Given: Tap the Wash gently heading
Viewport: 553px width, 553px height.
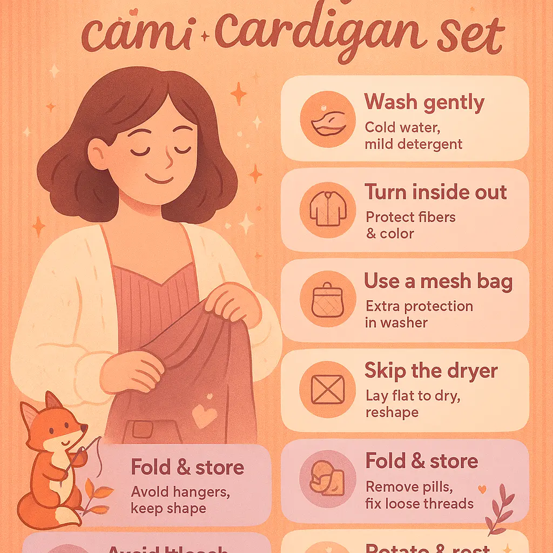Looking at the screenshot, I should click(424, 102).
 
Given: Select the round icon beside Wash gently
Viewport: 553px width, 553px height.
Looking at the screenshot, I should click(328, 119).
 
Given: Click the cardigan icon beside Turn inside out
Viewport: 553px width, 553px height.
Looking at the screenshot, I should click(328, 210).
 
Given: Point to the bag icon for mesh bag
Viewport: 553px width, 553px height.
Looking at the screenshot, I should click(328, 299).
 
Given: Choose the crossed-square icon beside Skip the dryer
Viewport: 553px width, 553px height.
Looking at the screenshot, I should click(328, 389).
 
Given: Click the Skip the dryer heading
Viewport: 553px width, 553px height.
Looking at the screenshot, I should click(431, 371).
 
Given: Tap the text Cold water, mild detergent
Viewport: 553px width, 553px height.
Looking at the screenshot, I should click(413, 136).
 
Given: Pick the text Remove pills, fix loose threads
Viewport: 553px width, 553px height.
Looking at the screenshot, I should click(420, 495).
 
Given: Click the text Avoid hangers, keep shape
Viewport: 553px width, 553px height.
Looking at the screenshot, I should click(173, 500).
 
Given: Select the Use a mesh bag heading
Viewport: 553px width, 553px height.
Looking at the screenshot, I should click(438, 281).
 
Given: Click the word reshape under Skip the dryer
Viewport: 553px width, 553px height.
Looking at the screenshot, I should click(392, 412).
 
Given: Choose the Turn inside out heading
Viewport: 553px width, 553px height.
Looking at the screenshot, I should click(435, 192).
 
